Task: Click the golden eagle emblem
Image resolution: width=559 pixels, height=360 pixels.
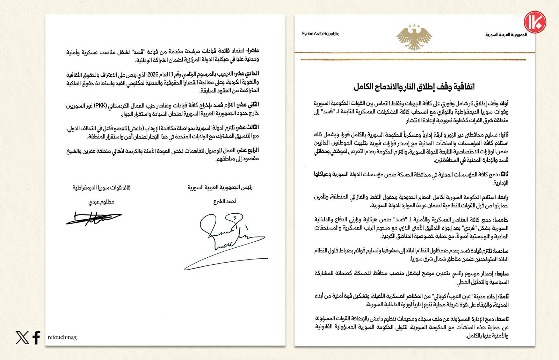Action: tap(414, 37)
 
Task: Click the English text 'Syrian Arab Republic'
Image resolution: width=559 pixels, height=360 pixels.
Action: tap(320, 34)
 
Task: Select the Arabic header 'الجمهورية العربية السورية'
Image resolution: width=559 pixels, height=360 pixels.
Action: tap(506, 35)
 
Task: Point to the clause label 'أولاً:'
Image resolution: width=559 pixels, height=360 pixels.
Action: tap(504, 103)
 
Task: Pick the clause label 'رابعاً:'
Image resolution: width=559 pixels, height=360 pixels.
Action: tap(503, 197)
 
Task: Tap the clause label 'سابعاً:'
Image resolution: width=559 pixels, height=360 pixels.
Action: tap(501, 273)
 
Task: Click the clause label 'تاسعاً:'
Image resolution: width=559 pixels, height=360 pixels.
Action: tap(502, 319)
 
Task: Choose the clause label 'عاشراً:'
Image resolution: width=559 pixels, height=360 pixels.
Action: tap(253, 51)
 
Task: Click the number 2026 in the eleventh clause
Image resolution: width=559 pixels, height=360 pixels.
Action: tap(153, 74)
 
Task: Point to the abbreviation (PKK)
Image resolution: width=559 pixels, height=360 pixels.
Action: tap(101, 105)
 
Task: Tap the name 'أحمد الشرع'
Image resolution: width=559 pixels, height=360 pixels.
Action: tap(225, 201)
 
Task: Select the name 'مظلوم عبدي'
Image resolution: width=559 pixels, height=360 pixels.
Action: tap(101, 201)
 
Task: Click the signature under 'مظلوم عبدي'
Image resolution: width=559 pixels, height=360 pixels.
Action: tap(94, 218)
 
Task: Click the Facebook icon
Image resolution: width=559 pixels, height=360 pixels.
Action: tap(36, 337)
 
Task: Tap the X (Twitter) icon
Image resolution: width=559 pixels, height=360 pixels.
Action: tap(22, 337)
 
